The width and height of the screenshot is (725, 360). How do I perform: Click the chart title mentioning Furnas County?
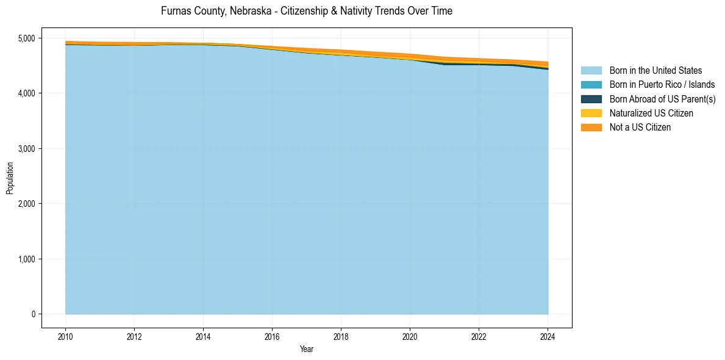tap(306, 11)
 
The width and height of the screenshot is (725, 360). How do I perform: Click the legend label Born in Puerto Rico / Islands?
tap(662, 85)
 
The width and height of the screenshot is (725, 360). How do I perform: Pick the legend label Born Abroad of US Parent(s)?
tap(662, 99)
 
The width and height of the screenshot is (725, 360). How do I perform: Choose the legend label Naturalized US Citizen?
tap(651, 113)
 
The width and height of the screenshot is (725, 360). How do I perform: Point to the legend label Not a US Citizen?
tap(640, 127)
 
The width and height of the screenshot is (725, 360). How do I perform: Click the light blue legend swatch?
tap(591, 71)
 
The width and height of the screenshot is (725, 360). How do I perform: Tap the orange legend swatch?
tap(591, 127)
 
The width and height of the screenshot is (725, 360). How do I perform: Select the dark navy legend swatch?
tap(591, 99)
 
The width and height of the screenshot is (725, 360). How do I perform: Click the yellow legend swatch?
tap(591, 113)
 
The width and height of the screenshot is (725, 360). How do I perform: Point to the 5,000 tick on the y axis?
tap(27, 38)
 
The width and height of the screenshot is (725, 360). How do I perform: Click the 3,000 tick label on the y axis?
tap(27, 149)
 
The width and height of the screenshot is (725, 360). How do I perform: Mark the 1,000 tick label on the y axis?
tap(27, 259)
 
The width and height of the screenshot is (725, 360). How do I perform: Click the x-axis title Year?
tap(307, 349)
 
